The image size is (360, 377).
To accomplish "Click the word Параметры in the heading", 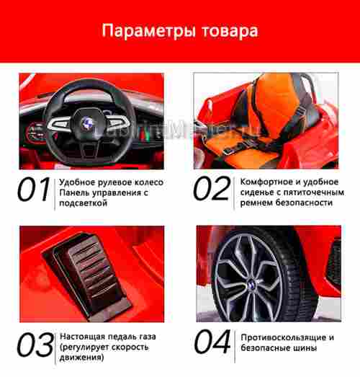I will click(x=148, y=31).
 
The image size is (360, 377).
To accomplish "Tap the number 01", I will click(x=35, y=190).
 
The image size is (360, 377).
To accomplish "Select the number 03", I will click(x=35, y=345).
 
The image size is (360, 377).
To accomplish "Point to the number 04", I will click(x=212, y=345).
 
